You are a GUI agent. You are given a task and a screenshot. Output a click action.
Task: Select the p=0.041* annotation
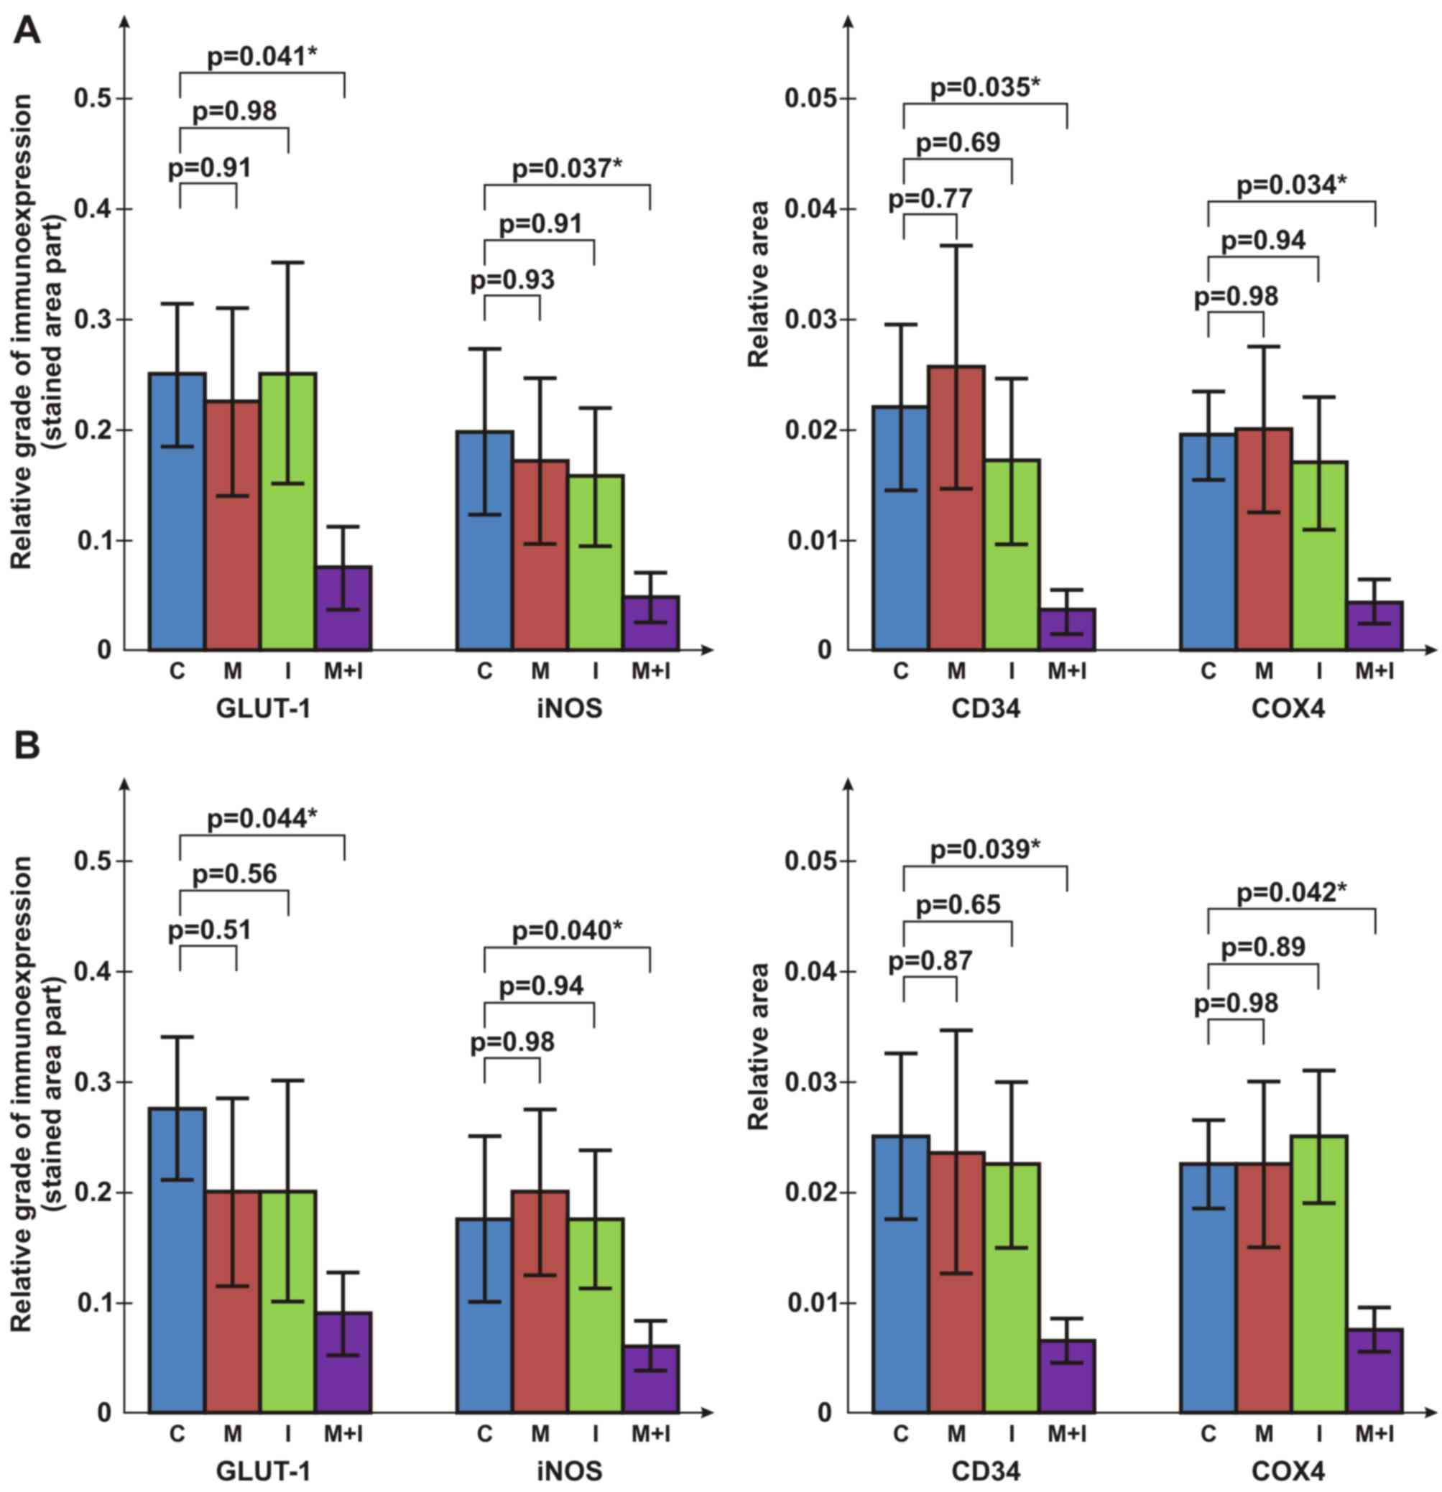tap(262, 56)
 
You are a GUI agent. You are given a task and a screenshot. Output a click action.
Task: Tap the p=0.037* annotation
tap(567, 167)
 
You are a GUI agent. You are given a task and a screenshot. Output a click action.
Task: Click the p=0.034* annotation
tap(1291, 185)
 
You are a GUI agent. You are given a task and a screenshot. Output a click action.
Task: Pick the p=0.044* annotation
tap(262, 819)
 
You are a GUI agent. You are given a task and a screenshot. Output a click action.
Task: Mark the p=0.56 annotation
tap(234, 874)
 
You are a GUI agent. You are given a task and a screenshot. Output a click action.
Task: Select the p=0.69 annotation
tap(958, 142)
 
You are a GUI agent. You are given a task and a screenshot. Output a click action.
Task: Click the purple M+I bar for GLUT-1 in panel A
tap(344, 608)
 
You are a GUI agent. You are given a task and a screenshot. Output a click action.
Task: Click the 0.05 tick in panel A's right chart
tap(813, 99)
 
